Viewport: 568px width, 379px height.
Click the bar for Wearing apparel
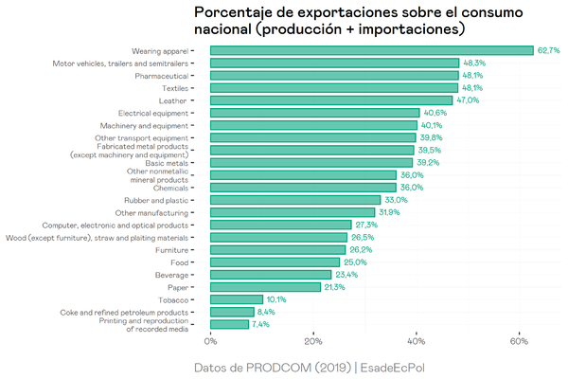coord(371,50)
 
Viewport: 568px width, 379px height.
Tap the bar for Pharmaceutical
coord(333,75)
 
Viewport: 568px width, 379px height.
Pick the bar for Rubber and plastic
coord(294,200)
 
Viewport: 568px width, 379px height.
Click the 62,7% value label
coord(548,50)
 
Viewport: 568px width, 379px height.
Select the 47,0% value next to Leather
coord(468,99)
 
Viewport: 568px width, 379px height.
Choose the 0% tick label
coord(210,341)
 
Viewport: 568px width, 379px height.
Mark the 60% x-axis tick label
coord(519,341)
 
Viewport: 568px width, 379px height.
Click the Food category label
coord(177,262)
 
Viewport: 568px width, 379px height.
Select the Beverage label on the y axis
coord(169,275)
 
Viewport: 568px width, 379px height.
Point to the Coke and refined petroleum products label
coord(123,312)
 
